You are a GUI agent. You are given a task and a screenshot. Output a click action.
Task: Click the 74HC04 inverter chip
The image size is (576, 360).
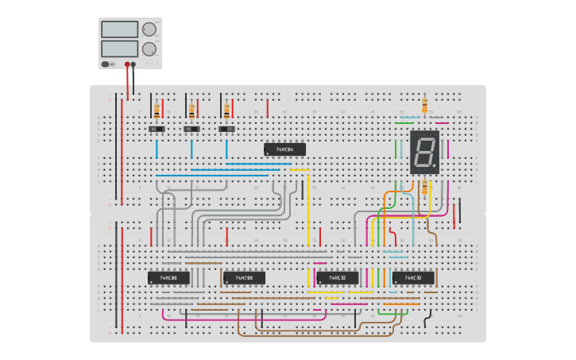tap(284, 149)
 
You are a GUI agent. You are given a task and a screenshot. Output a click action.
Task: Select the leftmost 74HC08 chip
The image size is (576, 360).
tap(168, 278)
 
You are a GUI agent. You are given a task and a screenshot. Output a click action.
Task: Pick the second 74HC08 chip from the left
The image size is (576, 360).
tap(244, 278)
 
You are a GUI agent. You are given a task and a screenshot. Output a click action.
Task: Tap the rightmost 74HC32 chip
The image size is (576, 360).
tap(413, 278)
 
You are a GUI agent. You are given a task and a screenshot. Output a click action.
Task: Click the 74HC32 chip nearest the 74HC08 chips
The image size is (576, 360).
tap(338, 278)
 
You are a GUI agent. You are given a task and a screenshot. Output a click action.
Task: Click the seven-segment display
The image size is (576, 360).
tap(424, 152)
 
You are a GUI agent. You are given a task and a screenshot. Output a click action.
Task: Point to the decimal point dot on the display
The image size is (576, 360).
tap(435, 168)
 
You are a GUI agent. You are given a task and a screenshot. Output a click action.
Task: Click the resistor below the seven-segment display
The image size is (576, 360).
tap(424, 188)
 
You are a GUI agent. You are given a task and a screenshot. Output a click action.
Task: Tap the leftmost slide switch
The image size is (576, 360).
tap(157, 129)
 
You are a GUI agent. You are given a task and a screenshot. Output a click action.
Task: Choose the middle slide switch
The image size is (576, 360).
tap(191, 129)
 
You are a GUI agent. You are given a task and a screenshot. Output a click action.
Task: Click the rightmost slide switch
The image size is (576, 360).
tap(227, 129)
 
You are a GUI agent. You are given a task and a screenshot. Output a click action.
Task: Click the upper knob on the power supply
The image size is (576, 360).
tap(149, 29)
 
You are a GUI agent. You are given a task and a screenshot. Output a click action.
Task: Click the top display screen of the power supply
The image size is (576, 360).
tap(120, 29)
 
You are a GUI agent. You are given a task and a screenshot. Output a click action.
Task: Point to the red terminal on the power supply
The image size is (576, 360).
tap(126, 64)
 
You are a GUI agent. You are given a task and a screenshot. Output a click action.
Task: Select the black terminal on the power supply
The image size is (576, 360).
tap(133, 64)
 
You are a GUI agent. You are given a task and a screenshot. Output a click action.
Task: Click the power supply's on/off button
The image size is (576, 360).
tap(106, 64)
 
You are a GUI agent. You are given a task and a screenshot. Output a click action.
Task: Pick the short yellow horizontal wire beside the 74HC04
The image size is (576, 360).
tap(300, 170)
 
